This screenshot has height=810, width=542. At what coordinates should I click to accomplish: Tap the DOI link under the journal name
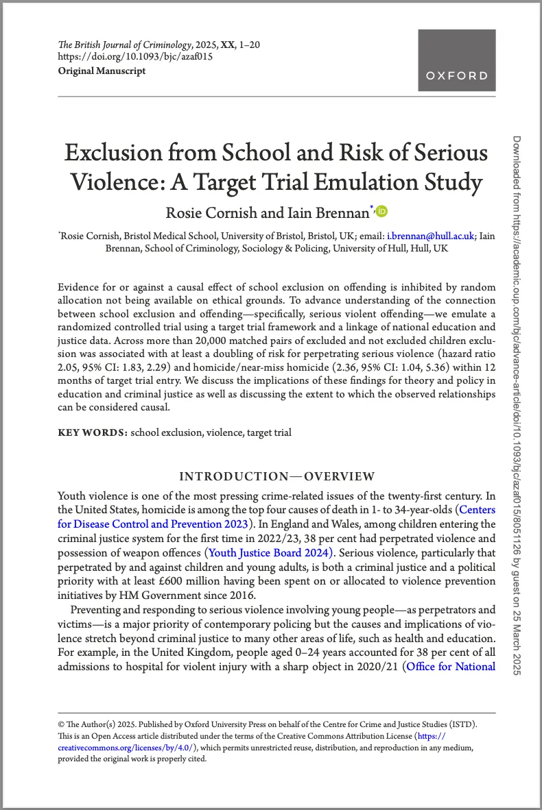pos(135,58)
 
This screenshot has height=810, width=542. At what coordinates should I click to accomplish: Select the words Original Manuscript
pos(102,71)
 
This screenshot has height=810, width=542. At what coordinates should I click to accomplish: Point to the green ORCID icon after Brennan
pos(381,211)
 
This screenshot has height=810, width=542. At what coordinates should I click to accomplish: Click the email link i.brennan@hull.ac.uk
pos(430,236)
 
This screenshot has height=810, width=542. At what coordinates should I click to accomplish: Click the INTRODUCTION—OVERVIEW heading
pos(276,476)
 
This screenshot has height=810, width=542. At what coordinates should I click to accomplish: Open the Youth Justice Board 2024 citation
pos(270,552)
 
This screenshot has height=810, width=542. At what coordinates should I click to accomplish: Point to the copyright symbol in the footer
pos(61,724)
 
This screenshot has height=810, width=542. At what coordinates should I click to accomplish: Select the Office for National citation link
pos(451,666)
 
